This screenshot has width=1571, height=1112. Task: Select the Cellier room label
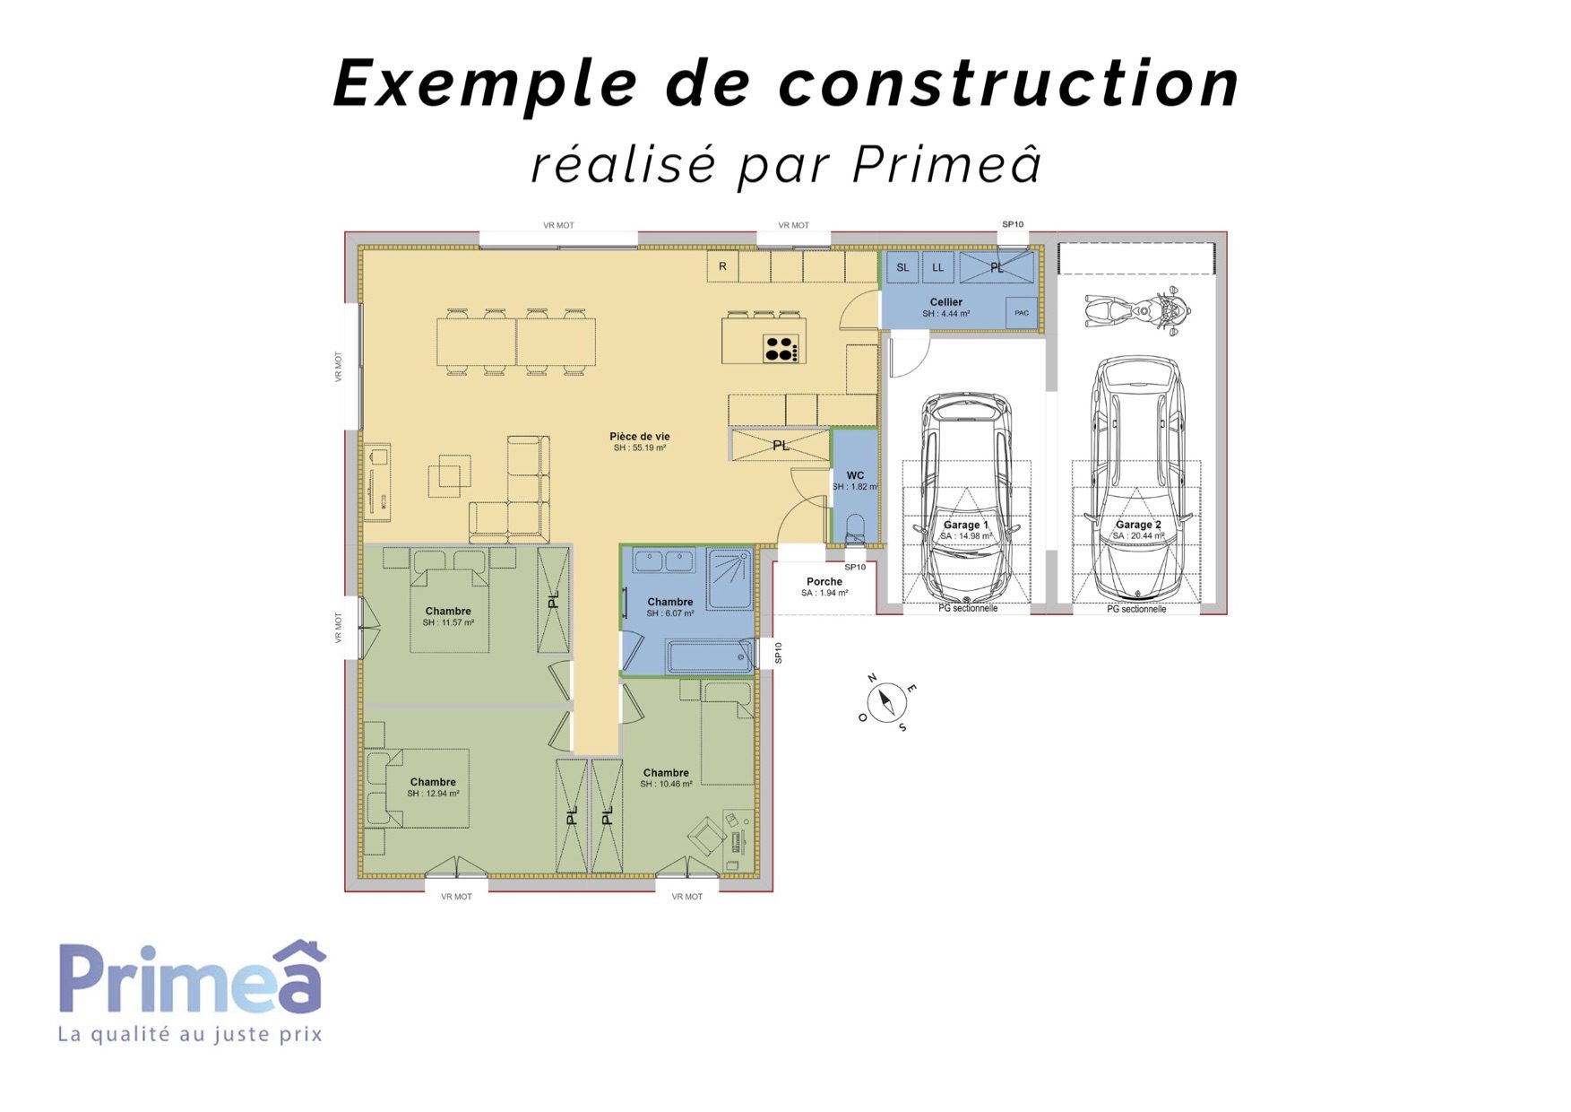(x=945, y=302)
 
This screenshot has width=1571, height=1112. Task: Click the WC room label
(x=855, y=476)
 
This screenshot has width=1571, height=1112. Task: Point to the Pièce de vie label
(x=639, y=437)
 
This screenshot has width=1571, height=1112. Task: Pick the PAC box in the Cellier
(x=1022, y=313)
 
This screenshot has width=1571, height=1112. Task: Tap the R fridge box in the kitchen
(x=723, y=266)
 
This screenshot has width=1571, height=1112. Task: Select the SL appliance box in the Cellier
(x=902, y=267)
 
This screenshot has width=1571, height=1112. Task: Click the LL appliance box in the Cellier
(x=937, y=267)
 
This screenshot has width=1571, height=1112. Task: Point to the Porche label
(x=824, y=581)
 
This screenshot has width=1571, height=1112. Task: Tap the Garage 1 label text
(x=966, y=525)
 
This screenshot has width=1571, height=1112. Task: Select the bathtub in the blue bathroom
(x=710, y=656)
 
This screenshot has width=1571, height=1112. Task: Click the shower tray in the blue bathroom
(x=729, y=579)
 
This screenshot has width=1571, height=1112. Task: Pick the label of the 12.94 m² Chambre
(x=433, y=782)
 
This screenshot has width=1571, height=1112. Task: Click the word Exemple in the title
(x=485, y=83)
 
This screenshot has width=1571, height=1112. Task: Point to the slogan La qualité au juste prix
(x=190, y=1034)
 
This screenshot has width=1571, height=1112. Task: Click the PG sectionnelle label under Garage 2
(x=1136, y=609)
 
